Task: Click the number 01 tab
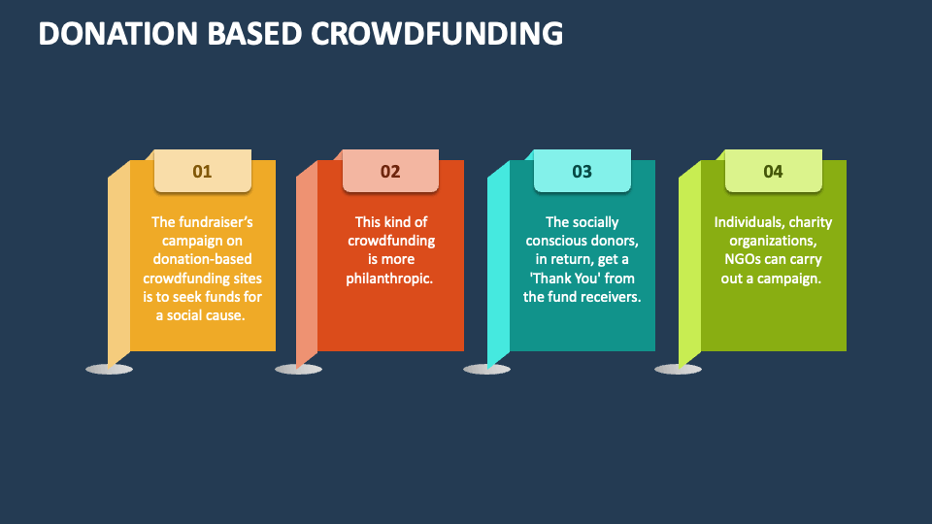pos(202,172)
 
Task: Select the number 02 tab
pos(390,172)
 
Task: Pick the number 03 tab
pos(582,172)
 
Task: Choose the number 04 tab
pos(773,172)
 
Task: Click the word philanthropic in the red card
pos(389,278)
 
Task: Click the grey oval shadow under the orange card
pos(109,369)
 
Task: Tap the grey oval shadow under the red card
pos(298,369)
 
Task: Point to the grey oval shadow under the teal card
pos(486,369)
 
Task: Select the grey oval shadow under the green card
pos(678,369)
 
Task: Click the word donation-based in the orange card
pos(202,259)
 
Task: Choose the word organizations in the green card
pos(773,241)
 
